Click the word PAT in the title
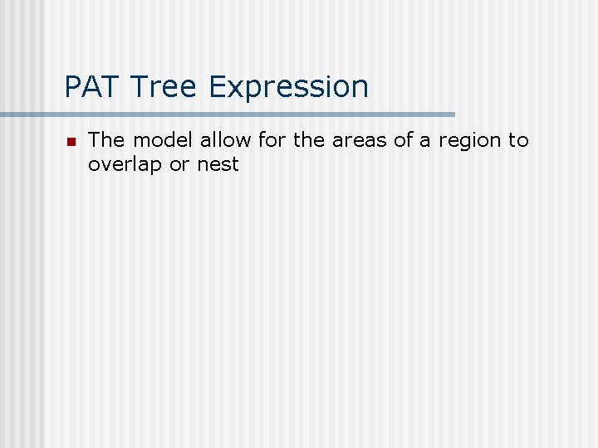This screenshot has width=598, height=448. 89,86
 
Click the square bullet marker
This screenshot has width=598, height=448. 71,142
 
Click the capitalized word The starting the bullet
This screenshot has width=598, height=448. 105,140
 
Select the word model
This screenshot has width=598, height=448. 163,140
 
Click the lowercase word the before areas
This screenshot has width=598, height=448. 309,140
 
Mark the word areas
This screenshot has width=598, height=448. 360,140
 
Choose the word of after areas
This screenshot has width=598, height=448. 404,140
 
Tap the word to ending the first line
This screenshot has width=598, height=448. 519,140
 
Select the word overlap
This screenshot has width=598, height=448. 125,164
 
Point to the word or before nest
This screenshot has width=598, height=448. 179,164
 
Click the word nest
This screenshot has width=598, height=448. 218,164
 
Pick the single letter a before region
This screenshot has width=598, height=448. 426,141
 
